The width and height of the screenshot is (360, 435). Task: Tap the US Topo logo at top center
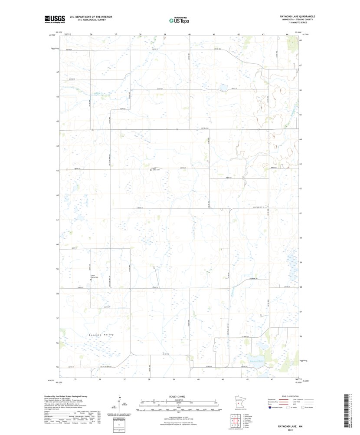179,20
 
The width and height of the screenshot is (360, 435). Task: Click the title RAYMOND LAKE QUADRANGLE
298,16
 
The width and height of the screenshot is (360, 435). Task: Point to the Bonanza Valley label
101,335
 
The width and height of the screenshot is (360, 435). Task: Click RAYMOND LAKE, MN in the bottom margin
290,427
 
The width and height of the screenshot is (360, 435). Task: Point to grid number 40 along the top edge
190,34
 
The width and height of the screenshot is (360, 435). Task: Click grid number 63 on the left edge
57,171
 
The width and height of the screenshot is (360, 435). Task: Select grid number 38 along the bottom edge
149,379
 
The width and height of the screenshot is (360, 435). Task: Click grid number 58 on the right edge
301,287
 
